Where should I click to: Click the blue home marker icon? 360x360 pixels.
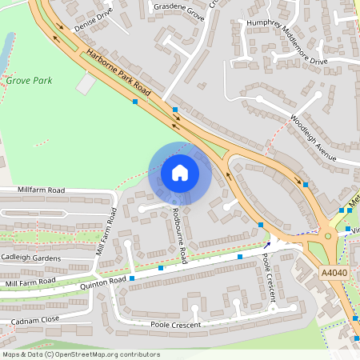(180, 172)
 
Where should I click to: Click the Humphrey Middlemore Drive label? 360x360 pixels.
(286, 43)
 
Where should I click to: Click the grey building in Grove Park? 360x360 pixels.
(86, 83)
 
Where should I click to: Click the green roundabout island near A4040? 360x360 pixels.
(328, 236)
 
